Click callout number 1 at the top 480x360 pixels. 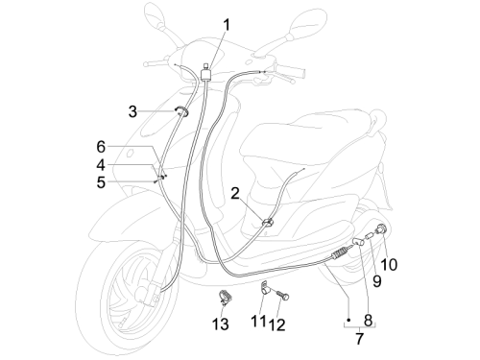point(227,25)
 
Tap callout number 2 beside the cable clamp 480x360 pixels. point(235,194)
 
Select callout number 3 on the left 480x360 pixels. point(132,111)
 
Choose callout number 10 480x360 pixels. point(389,265)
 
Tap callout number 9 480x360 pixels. point(377,281)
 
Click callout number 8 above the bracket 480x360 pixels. point(369,320)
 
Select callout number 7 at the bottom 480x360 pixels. point(360,339)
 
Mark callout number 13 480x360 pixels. point(221,324)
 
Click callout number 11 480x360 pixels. point(258,321)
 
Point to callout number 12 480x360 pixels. point(276,325)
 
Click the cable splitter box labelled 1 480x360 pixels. point(205,75)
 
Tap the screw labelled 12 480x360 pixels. point(282,295)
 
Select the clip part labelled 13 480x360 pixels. point(226,296)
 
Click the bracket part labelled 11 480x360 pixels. point(265,288)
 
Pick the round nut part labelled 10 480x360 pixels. point(381,229)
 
